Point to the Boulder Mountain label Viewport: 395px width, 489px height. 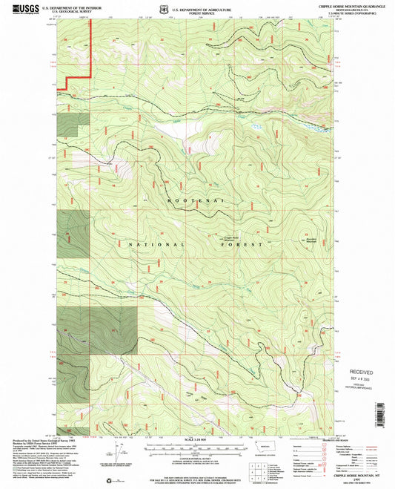coord(310,238)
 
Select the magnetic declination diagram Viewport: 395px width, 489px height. coord(119,449)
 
